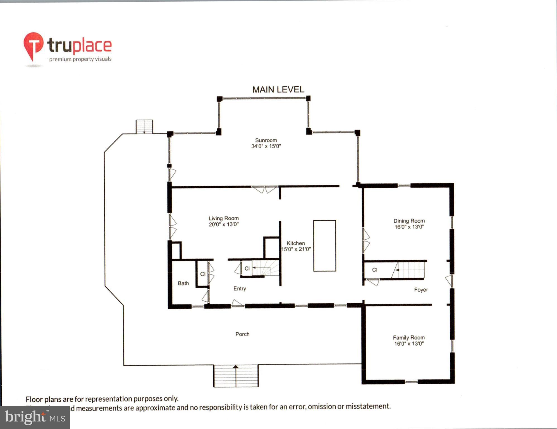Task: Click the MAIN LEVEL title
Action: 278,89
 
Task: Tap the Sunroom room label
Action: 266,140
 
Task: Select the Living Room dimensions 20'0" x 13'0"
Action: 224,224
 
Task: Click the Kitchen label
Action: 296,243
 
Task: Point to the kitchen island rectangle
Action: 324,246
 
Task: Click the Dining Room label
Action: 409,221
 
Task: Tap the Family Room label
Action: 409,338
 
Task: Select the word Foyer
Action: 421,290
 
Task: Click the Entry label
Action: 240,289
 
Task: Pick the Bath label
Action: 183,283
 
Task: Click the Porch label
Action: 242,334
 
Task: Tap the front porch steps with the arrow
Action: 236,376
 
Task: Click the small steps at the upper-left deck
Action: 144,127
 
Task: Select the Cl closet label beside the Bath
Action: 203,274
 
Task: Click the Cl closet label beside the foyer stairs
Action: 375,270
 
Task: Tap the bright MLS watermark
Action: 35,418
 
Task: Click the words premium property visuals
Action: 80,59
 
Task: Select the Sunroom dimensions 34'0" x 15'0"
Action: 266,146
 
